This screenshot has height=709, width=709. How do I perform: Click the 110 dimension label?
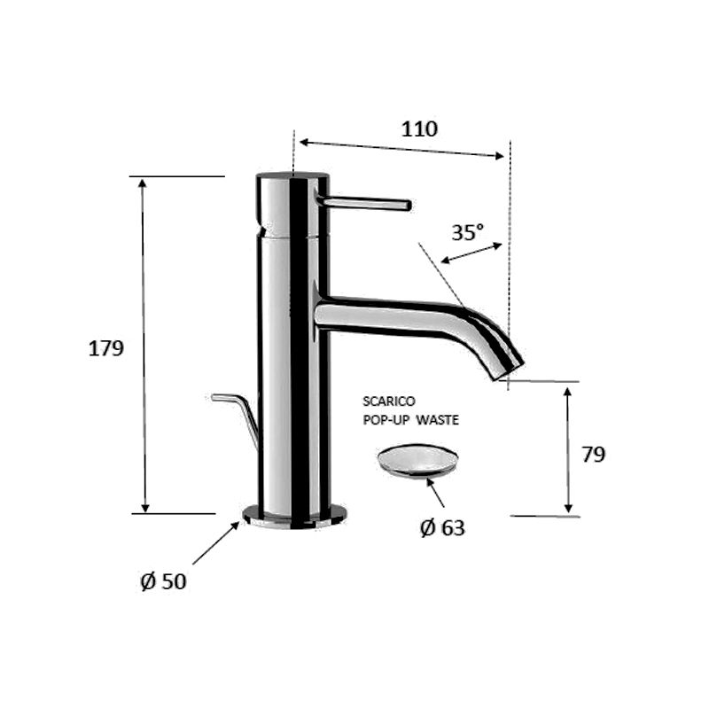tap(419, 129)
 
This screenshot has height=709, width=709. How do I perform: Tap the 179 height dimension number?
tap(105, 348)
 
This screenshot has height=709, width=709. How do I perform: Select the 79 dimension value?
tap(593, 455)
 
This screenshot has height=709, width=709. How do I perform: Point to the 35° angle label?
tap(468, 233)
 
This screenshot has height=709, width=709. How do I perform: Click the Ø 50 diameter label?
tap(163, 581)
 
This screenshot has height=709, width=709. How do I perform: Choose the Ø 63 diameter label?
tap(442, 527)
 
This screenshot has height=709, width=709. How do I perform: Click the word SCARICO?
tap(389, 401)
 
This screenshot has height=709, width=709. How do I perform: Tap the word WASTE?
tap(437, 420)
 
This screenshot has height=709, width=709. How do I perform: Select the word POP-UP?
tap(386, 420)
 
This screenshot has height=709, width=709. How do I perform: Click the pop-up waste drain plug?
tap(417, 460)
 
